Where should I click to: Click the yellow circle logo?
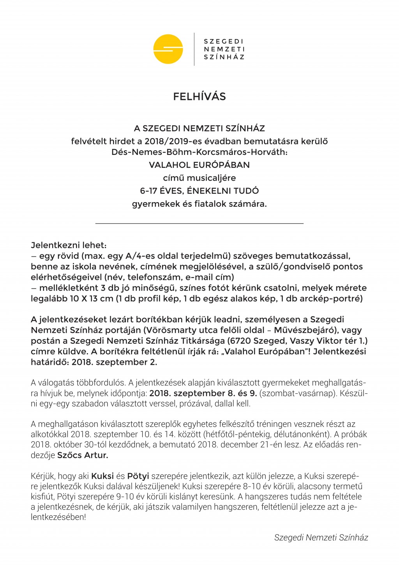(168, 49)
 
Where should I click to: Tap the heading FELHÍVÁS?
(199, 97)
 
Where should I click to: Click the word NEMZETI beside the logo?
(224, 49)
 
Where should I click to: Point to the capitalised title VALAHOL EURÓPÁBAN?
(199, 165)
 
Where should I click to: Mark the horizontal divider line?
(199, 224)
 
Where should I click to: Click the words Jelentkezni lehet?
(69, 245)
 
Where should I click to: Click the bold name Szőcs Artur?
(83, 455)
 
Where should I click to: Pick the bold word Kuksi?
(102, 476)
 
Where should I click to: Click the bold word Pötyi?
(138, 476)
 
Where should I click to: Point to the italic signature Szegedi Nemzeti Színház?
(321, 538)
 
